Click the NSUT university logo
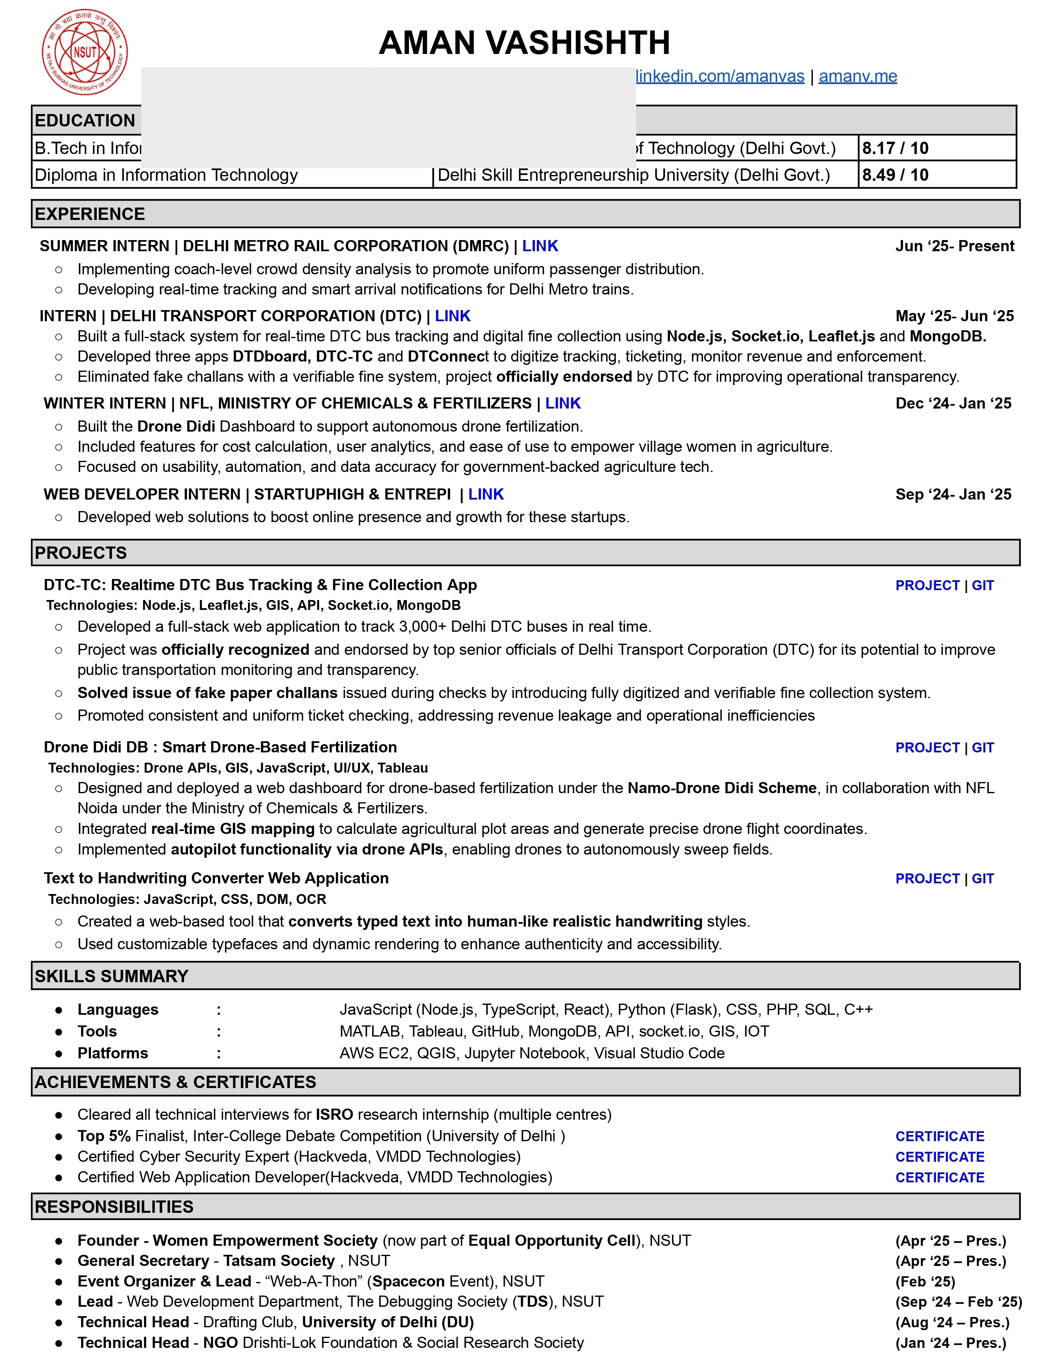(x=85, y=52)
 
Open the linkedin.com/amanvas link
(x=720, y=77)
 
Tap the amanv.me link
(x=857, y=77)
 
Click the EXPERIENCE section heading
(x=90, y=214)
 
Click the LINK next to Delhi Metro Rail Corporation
(x=540, y=246)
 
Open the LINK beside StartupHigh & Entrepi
(x=486, y=495)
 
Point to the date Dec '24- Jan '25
(x=953, y=404)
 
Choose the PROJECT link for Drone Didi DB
(x=927, y=748)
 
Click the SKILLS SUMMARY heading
(x=111, y=976)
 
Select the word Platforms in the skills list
(x=112, y=1053)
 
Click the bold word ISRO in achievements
(x=334, y=1114)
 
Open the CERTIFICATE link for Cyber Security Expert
(x=939, y=1157)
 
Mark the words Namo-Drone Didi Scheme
(x=721, y=788)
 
